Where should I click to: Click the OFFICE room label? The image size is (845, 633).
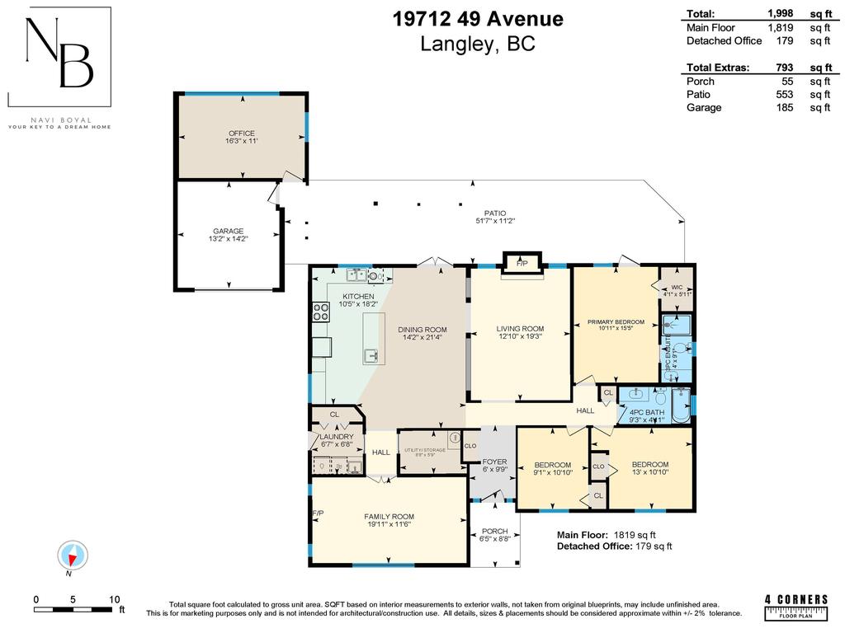point(242,134)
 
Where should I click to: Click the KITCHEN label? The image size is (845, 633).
point(359,297)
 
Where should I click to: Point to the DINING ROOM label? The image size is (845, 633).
point(423,330)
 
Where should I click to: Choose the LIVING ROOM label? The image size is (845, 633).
point(520,330)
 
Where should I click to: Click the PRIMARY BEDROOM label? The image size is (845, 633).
point(615,321)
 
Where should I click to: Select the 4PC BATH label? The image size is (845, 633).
point(646,412)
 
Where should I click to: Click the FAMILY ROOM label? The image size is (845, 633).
point(389,518)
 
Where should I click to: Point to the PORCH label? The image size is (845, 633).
point(495,532)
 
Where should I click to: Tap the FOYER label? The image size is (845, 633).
point(493,462)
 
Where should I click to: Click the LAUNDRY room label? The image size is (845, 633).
point(337,437)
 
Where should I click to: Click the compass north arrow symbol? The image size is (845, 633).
point(73,556)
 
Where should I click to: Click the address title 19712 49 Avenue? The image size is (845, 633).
point(478,18)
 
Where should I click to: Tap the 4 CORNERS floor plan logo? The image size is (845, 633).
point(795,604)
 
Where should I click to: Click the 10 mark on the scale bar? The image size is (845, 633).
point(114,599)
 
